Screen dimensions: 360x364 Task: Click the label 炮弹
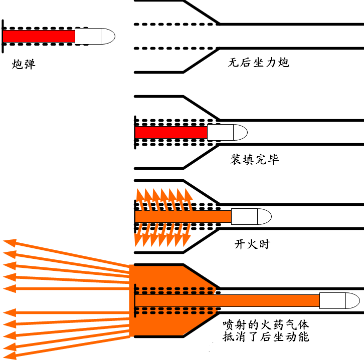(x=24, y=65)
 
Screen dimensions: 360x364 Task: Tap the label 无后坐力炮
(x=258, y=63)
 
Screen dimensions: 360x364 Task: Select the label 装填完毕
(x=254, y=160)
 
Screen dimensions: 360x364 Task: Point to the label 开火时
(x=252, y=244)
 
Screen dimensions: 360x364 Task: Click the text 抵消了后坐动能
(x=266, y=336)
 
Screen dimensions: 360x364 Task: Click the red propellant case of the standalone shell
(x=39, y=36)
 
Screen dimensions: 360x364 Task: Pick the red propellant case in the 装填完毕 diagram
(x=171, y=132)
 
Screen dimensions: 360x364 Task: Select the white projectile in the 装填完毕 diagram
(x=228, y=132)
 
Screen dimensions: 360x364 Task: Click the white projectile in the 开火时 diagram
(x=251, y=217)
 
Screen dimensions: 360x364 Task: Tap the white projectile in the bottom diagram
(x=339, y=300)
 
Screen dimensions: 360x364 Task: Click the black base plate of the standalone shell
(x=3, y=35)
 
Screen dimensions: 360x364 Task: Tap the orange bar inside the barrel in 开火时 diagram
(x=183, y=217)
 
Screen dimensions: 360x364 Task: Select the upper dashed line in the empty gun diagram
(x=175, y=23)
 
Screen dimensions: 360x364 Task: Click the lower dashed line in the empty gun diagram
(x=175, y=48)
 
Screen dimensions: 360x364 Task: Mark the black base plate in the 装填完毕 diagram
(x=135, y=132)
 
